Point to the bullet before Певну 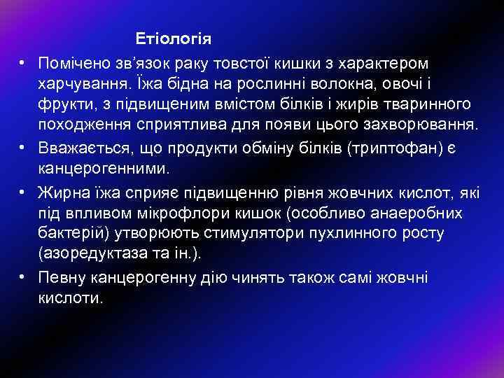tap(23, 276)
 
